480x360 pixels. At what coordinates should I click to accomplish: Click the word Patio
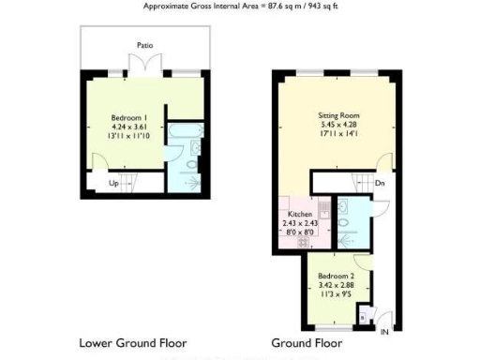tap(144, 44)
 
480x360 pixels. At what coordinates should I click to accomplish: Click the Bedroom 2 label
tap(335, 277)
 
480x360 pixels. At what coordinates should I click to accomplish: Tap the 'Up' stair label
tap(114, 184)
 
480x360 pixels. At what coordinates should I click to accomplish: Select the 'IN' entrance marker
tap(383, 330)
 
